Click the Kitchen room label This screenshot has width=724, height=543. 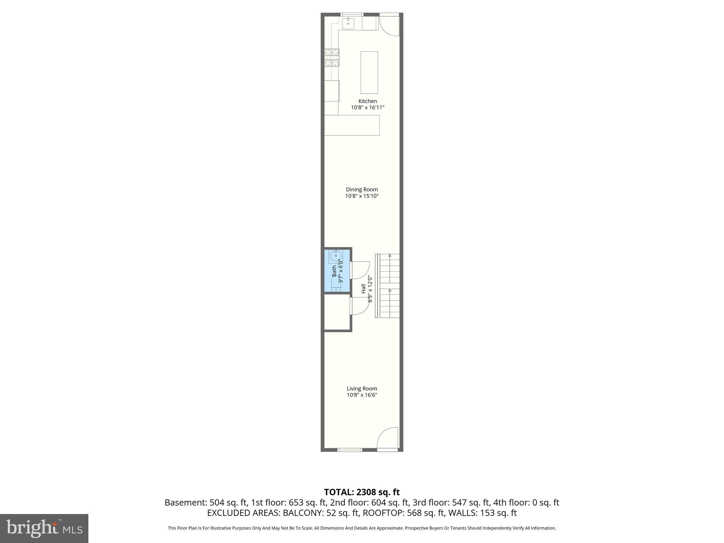pos(367,101)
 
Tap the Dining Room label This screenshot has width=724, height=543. pos(362,189)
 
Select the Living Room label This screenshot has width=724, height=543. pos(362,389)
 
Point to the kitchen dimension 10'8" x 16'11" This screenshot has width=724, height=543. pos(367,107)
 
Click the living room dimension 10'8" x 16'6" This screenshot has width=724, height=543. pos(362,395)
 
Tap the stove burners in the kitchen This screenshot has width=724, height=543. pos(332,58)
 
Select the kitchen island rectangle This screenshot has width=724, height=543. pos(369,72)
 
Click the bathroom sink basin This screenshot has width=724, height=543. pos(335,255)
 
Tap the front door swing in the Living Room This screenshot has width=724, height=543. pos(388,439)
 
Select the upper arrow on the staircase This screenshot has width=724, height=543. pos(390,255)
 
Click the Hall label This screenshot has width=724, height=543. pos(363,289)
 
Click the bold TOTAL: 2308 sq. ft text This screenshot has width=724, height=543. pos(362,492)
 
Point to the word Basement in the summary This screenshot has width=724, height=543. pos(186,503)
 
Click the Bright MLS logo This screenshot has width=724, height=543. pos(44,528)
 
